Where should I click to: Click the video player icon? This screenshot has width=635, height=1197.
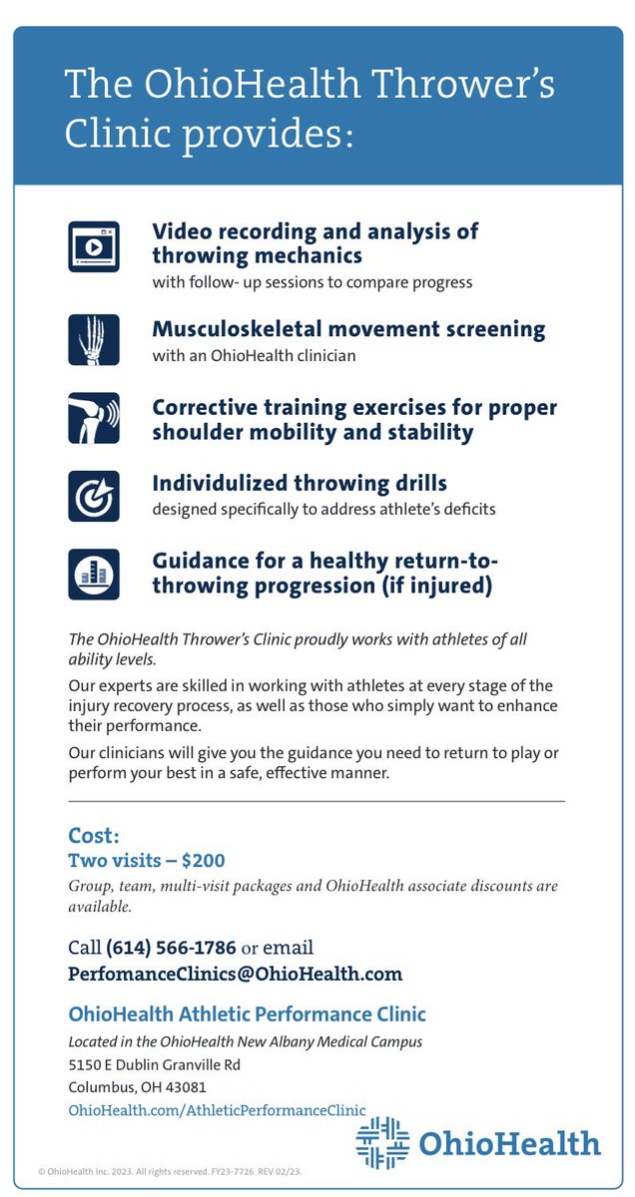pos(93,246)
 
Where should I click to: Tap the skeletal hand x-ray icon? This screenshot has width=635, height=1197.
pos(93,339)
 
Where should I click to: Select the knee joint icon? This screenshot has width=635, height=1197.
pos(93,418)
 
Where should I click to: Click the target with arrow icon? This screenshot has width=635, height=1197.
pos(93,496)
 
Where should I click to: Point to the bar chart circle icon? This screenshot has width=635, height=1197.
pos(93,574)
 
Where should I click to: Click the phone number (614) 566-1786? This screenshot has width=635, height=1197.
pos(171,947)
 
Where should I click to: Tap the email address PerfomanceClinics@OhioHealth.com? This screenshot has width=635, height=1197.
pos(235,974)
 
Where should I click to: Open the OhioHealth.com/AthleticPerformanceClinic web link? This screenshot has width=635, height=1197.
pos(217,1108)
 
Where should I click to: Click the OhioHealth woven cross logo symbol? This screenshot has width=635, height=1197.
pos(382,1142)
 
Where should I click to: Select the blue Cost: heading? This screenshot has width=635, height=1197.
pos(93,835)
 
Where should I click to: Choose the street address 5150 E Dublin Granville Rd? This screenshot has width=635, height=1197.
pos(154,1064)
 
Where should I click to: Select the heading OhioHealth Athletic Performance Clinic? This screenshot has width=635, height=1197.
pos(247,1015)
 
